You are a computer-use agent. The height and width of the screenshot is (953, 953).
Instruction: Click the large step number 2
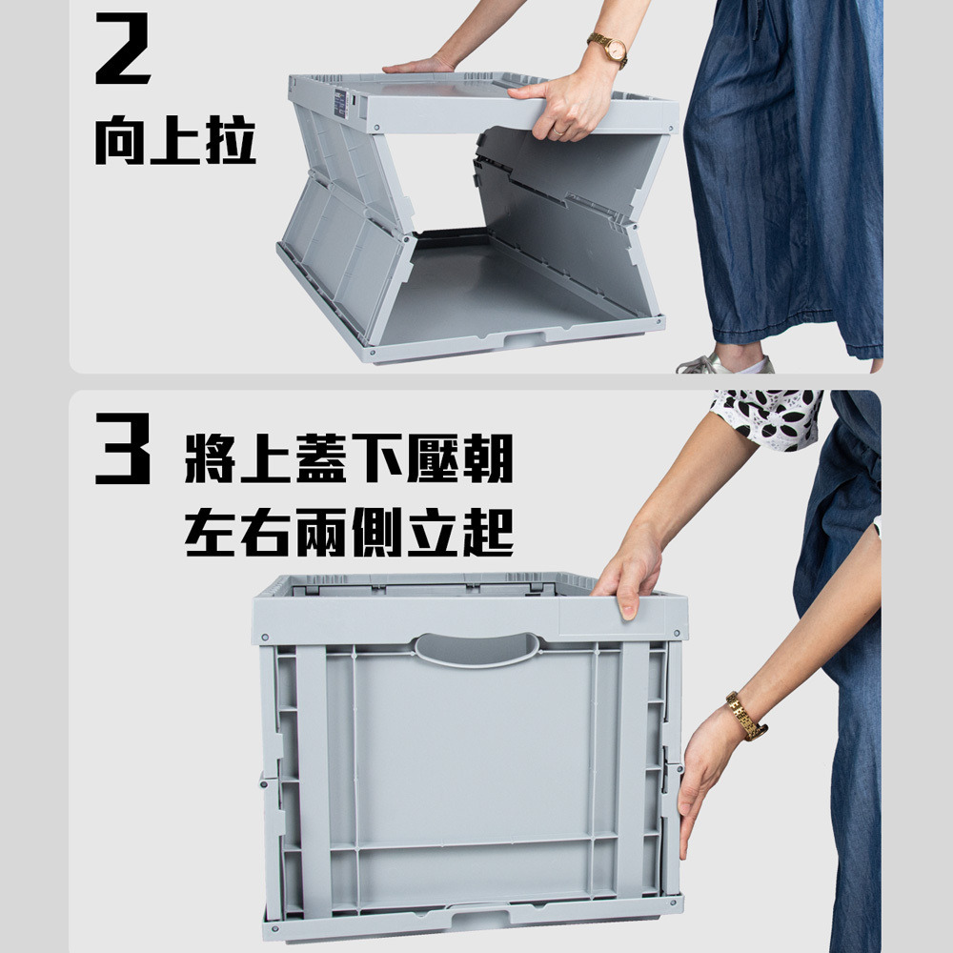click(123, 48)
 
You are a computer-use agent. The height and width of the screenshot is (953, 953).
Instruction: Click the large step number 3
click(123, 449)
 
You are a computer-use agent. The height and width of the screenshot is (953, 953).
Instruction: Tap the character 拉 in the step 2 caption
click(231, 140)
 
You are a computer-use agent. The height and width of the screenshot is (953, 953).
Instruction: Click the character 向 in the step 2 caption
click(120, 141)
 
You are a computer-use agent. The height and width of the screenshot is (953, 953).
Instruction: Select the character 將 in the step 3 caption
click(210, 458)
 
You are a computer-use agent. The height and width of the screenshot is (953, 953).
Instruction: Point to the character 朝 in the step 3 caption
click(488, 458)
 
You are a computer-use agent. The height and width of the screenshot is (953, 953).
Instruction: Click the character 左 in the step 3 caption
click(210, 533)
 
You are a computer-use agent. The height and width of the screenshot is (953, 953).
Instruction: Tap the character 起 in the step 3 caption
click(488, 533)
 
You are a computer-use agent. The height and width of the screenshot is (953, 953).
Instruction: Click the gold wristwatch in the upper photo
click(608, 50)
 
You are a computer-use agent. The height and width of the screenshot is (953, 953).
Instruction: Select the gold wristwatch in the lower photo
click(746, 716)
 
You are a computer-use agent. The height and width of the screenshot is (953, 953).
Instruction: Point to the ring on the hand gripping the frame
click(558, 131)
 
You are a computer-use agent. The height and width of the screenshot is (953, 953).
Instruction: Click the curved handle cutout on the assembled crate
click(476, 650)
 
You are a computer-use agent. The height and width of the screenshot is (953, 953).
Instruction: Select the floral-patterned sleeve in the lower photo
click(766, 418)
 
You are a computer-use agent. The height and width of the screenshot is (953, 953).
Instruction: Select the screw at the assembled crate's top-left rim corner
click(265, 638)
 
